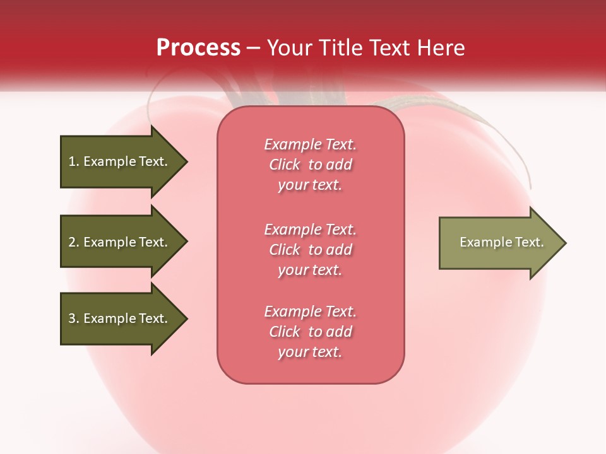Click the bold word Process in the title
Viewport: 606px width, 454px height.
point(198,48)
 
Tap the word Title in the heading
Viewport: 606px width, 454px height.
point(342,48)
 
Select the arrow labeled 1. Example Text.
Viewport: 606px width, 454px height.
point(120,161)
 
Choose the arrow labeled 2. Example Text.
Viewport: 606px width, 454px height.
point(120,242)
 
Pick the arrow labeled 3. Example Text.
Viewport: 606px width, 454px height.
point(120,318)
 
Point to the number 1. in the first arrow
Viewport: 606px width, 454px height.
point(74,161)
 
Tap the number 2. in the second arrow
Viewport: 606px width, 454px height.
point(74,242)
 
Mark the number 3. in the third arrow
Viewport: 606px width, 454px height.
point(74,318)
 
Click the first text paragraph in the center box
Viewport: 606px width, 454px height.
point(310,165)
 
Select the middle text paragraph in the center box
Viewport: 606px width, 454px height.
point(310,250)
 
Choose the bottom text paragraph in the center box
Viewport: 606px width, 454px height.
point(310,332)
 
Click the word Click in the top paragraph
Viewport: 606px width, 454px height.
point(285,165)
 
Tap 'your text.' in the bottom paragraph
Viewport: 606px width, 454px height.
point(310,352)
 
